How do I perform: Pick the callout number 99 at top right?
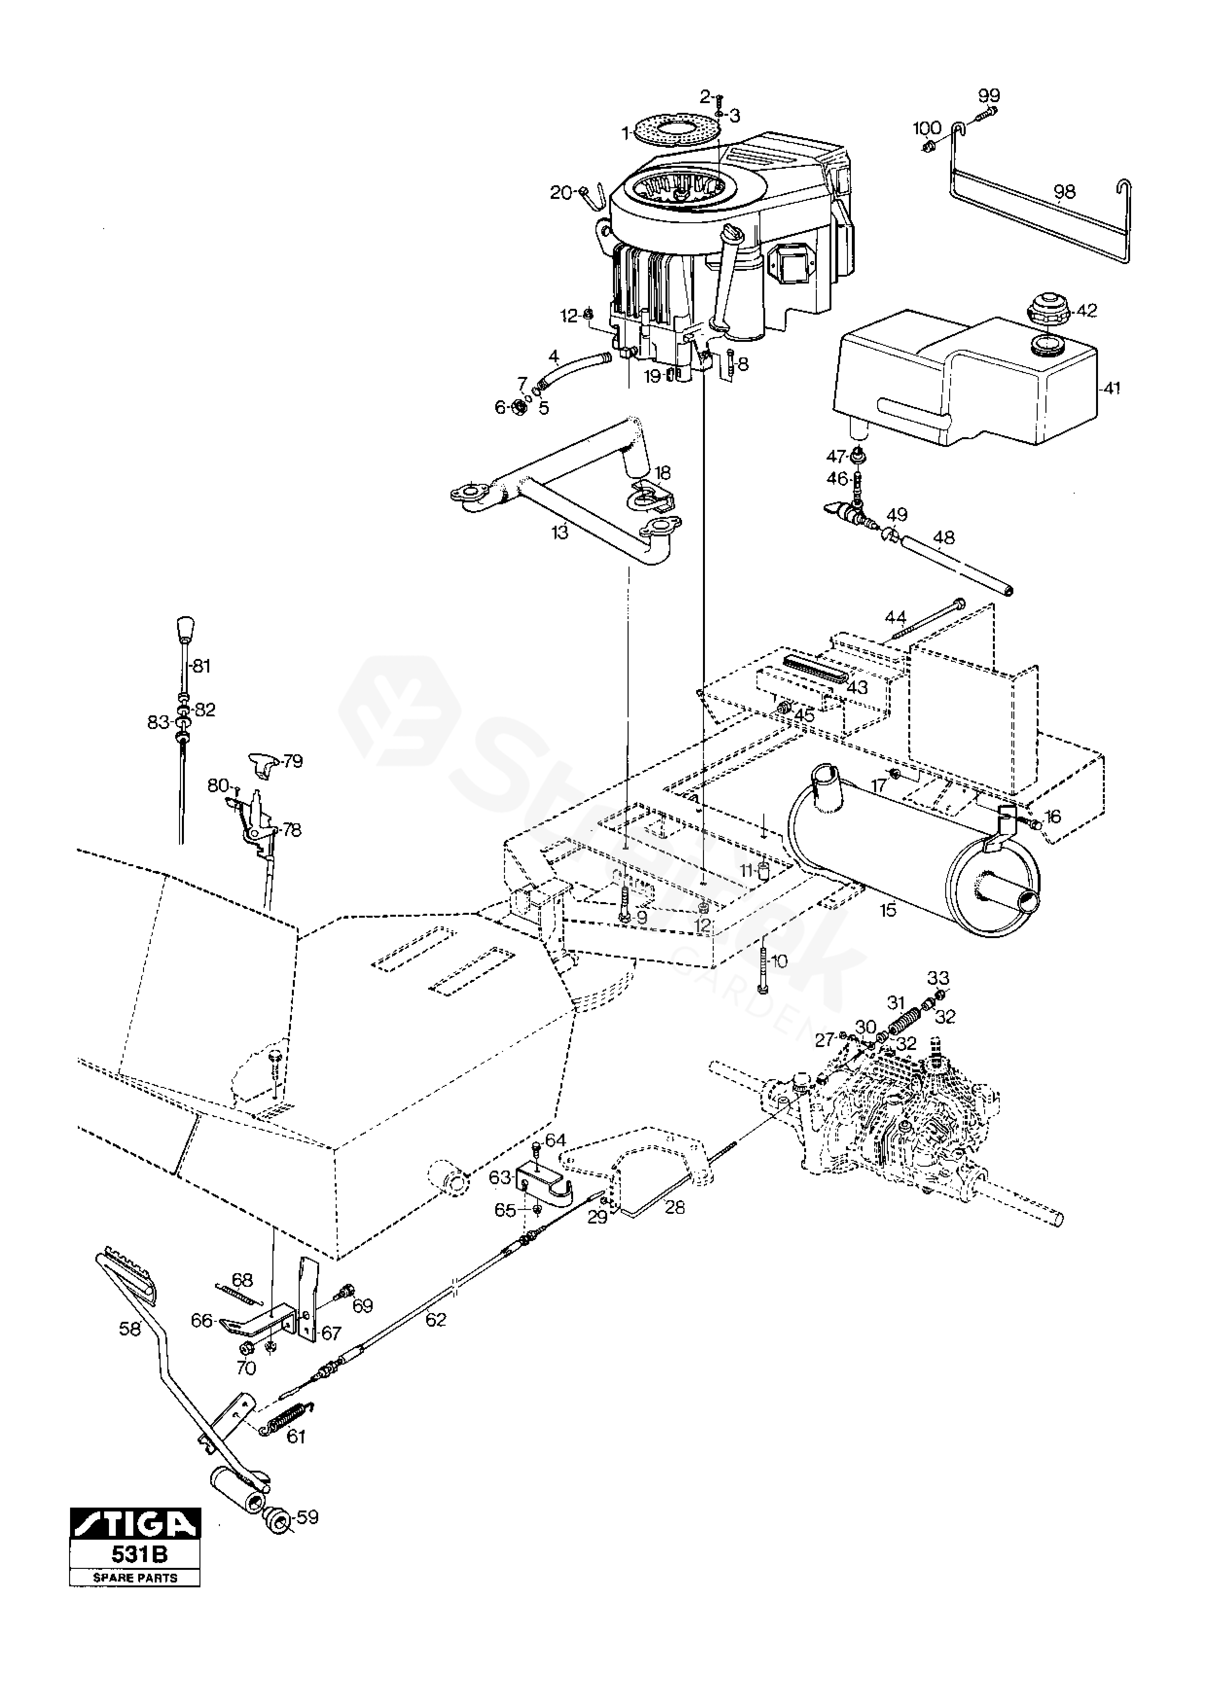[989, 95]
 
